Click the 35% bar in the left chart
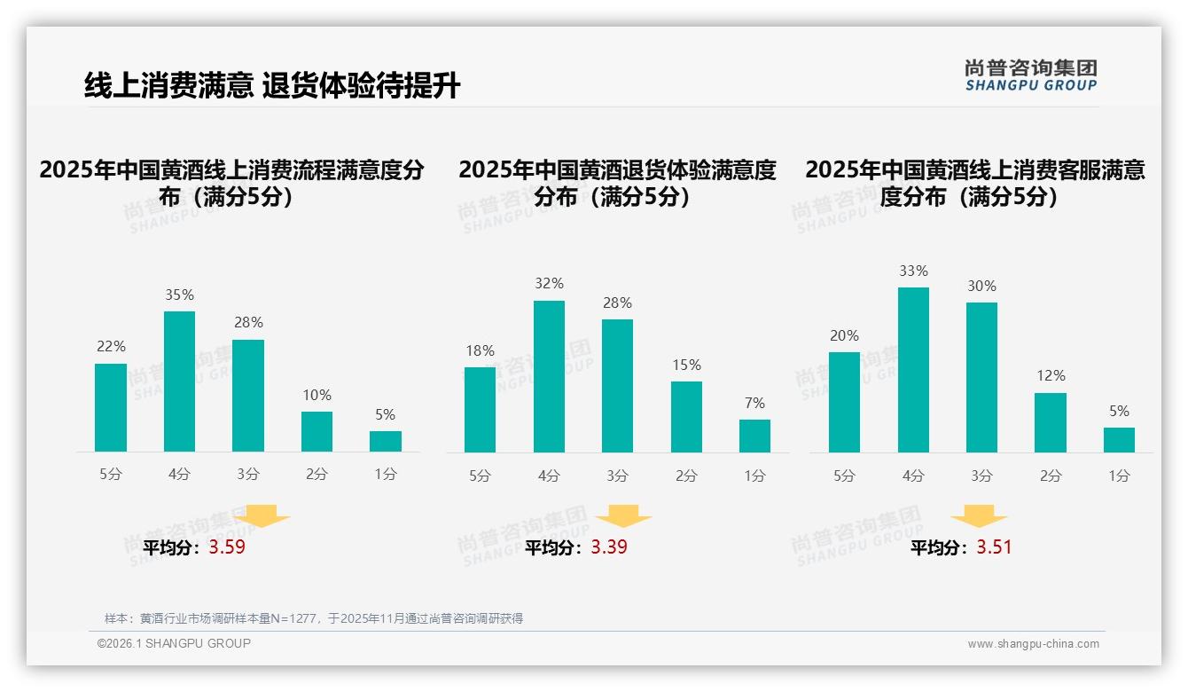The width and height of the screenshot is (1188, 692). pyautogui.click(x=179, y=381)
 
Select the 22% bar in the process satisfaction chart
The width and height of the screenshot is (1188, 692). pyautogui.click(x=111, y=408)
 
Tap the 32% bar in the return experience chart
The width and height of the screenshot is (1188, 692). pyautogui.click(x=549, y=377)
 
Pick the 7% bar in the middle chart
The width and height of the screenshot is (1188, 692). pyautogui.click(x=754, y=436)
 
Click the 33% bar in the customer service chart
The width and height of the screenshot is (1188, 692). pyautogui.click(x=913, y=370)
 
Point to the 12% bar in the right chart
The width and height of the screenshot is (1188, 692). pyautogui.click(x=1051, y=422)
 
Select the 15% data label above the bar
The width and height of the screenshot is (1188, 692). pyautogui.click(x=686, y=365)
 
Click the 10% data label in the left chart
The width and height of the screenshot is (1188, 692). pyautogui.click(x=317, y=395)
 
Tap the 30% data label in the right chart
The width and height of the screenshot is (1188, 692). pyautogui.click(x=981, y=286)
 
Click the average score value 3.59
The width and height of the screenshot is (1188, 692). pyautogui.click(x=227, y=547)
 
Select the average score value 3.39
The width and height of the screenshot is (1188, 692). pyautogui.click(x=609, y=547)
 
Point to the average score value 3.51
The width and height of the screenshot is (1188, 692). pyautogui.click(x=994, y=547)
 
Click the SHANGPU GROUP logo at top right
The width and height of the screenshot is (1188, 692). pyautogui.click(x=1030, y=75)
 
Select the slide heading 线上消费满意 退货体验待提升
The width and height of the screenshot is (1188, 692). pyautogui.click(x=272, y=85)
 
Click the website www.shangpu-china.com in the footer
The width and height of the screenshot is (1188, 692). pyautogui.click(x=1033, y=644)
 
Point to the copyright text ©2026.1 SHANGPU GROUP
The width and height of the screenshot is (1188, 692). pyautogui.click(x=174, y=643)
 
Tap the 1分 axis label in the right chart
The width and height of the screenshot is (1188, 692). pyautogui.click(x=1119, y=476)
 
